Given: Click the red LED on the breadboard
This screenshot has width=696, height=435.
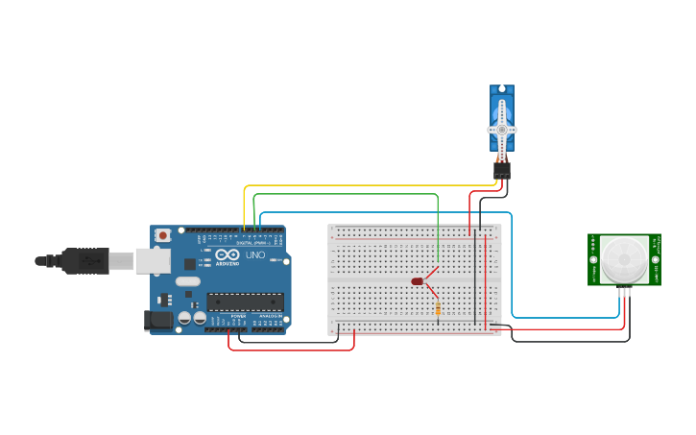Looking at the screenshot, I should click(418, 281).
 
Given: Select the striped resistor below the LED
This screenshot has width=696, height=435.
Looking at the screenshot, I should click(439, 309).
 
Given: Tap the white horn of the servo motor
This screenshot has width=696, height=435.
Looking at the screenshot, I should click(501, 128).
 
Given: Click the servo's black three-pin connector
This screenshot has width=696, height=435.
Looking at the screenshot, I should click(501, 169).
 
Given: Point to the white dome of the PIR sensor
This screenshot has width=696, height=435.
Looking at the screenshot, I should click(624, 257).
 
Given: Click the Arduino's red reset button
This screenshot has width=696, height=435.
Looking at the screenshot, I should click(163, 234).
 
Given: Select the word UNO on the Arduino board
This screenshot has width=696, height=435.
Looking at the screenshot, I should click(255, 255).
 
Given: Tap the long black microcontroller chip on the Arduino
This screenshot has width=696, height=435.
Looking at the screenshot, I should click(245, 302).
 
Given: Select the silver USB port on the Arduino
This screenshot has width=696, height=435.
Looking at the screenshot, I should click(152, 259).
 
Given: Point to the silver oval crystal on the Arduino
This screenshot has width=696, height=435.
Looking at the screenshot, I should click(188, 281).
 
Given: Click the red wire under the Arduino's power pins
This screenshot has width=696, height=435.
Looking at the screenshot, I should click(288, 349).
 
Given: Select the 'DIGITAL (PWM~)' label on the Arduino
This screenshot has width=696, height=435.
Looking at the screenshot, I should click(251, 243).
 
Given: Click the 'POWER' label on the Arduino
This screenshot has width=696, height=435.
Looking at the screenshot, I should click(238, 315).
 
